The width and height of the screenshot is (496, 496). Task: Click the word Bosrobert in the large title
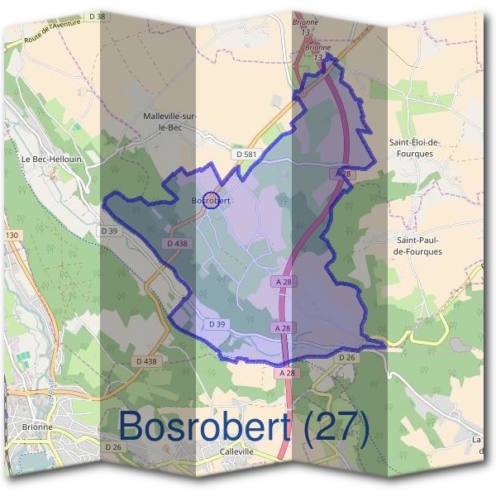tap(206, 426)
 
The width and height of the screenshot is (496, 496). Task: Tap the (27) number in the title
tap(336, 426)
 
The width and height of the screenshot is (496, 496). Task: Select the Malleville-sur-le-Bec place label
tap(169, 123)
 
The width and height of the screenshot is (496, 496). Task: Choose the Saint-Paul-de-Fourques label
tap(418, 245)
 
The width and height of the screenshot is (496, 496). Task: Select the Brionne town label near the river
tap(38, 427)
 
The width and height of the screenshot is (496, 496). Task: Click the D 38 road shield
tap(98, 17)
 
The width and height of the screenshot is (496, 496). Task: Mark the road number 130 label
tap(11, 236)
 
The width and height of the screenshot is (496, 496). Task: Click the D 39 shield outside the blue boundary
tap(110, 230)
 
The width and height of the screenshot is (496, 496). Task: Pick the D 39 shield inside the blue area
tap(217, 324)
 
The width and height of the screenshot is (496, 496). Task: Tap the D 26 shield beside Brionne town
tap(113, 447)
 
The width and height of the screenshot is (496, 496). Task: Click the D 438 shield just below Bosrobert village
tap(178, 244)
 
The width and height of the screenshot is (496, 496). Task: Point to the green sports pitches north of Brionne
tap(21, 358)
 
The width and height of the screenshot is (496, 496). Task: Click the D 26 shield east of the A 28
tap(347, 357)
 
